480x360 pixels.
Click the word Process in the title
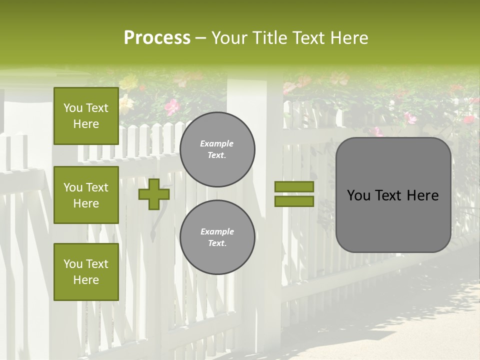(x=157, y=38)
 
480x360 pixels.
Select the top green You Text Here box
(x=86, y=116)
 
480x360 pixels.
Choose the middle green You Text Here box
(x=86, y=195)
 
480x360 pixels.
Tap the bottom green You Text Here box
(x=86, y=272)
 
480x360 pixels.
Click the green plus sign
(x=154, y=194)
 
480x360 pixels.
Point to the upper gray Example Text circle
(x=217, y=149)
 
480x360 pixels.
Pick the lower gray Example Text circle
(x=217, y=237)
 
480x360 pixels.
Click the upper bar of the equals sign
(x=294, y=187)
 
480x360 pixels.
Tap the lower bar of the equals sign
(x=294, y=201)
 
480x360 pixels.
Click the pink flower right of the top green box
(x=172, y=106)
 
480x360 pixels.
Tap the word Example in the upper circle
(x=216, y=143)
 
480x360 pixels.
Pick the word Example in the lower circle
(x=217, y=231)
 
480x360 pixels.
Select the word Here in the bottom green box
(x=86, y=280)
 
